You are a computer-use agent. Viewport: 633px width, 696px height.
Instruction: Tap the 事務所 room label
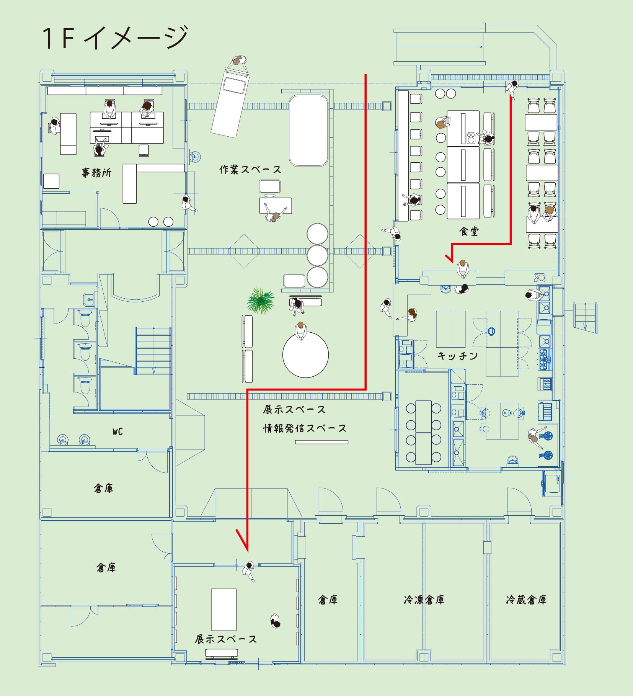96,173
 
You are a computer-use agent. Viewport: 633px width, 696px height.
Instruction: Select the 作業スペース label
250,169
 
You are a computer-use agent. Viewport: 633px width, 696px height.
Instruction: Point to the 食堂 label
469,231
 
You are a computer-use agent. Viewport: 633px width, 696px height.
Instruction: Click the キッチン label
458,356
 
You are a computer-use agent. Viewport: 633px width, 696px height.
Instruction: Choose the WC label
117,432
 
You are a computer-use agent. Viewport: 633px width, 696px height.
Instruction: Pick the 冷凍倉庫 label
424,600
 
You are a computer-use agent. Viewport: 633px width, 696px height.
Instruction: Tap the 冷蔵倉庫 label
526,600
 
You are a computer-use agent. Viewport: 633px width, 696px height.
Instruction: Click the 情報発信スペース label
305,428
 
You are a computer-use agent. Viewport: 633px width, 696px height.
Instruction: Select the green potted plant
261,301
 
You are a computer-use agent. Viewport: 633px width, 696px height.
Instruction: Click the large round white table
305,355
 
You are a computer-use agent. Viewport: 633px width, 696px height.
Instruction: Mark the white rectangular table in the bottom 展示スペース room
224,609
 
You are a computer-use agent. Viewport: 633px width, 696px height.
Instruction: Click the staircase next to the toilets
153,350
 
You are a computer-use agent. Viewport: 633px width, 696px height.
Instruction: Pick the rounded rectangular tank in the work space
308,131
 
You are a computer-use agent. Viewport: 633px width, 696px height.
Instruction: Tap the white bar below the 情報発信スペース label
321,442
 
